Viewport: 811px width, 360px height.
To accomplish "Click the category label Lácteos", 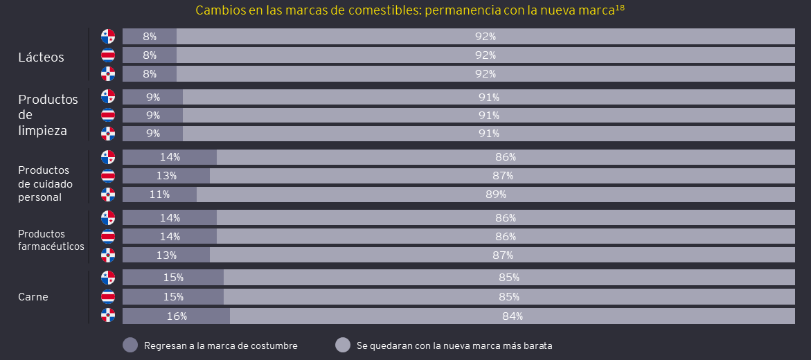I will (x=41, y=57).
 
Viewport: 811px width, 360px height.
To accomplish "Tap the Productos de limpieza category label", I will (x=48, y=114).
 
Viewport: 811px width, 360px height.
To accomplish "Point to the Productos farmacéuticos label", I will (x=51, y=240).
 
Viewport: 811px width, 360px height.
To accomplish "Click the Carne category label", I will (x=33, y=297).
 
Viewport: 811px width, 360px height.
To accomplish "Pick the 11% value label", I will (x=160, y=195).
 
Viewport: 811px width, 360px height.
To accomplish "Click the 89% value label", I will (x=496, y=195).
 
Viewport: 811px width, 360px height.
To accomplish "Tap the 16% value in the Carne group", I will (x=177, y=316).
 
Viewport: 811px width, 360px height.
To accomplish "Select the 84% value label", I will (x=513, y=316).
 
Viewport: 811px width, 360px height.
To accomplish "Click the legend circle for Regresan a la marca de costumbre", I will (x=130, y=345).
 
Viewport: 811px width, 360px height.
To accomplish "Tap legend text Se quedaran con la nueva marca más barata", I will (x=454, y=345).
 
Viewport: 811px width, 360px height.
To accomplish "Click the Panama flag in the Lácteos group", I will (x=108, y=36).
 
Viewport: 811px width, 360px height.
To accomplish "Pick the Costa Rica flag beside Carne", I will (x=108, y=297).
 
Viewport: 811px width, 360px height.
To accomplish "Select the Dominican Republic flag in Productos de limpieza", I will (x=108, y=134).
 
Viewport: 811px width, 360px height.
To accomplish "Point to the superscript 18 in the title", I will (x=620, y=8).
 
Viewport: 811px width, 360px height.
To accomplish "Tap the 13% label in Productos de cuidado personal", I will (x=166, y=176).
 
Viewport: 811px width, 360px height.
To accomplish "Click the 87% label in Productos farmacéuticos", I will (x=503, y=255).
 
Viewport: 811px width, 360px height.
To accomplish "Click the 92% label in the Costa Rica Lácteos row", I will (x=485, y=55).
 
